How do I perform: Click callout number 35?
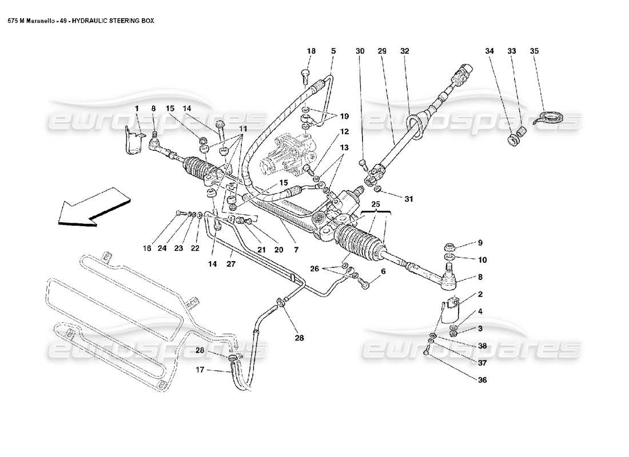pyautogui.click(x=535, y=51)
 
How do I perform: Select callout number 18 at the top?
pyautogui.click(x=310, y=51)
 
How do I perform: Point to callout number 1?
pyautogui.click(x=137, y=108)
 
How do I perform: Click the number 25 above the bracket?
pyautogui.click(x=375, y=204)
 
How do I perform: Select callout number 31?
pyautogui.click(x=408, y=199)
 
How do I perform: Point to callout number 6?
pyautogui.click(x=383, y=271)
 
